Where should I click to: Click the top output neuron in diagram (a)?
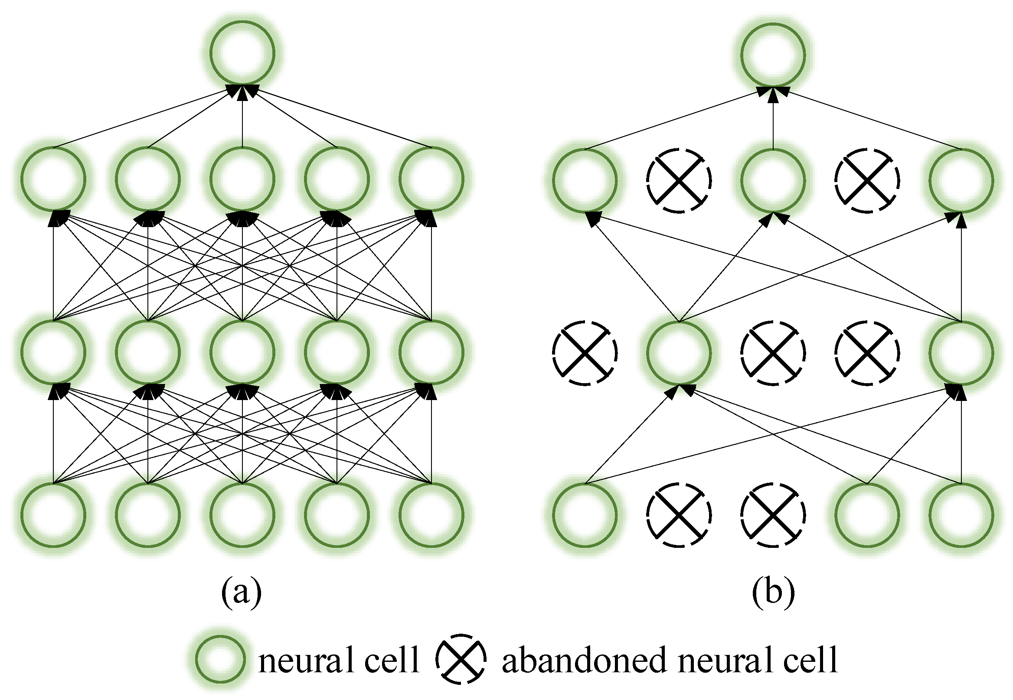(242, 53)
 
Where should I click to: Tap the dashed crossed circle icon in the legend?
(461, 659)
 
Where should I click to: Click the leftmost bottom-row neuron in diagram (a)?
(53, 515)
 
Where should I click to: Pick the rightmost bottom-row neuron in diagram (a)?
(431, 515)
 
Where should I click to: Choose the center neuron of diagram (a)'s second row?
(242, 179)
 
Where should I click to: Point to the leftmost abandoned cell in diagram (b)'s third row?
(585, 353)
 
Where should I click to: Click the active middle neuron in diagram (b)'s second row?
(773, 180)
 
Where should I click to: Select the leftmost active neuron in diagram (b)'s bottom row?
(585, 515)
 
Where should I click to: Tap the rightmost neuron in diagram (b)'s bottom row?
(961, 515)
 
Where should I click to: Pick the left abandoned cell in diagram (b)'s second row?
(679, 180)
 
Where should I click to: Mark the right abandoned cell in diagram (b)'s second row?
(867, 180)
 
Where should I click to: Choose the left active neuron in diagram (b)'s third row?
(679, 353)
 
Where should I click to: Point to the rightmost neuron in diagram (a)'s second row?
(431, 179)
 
